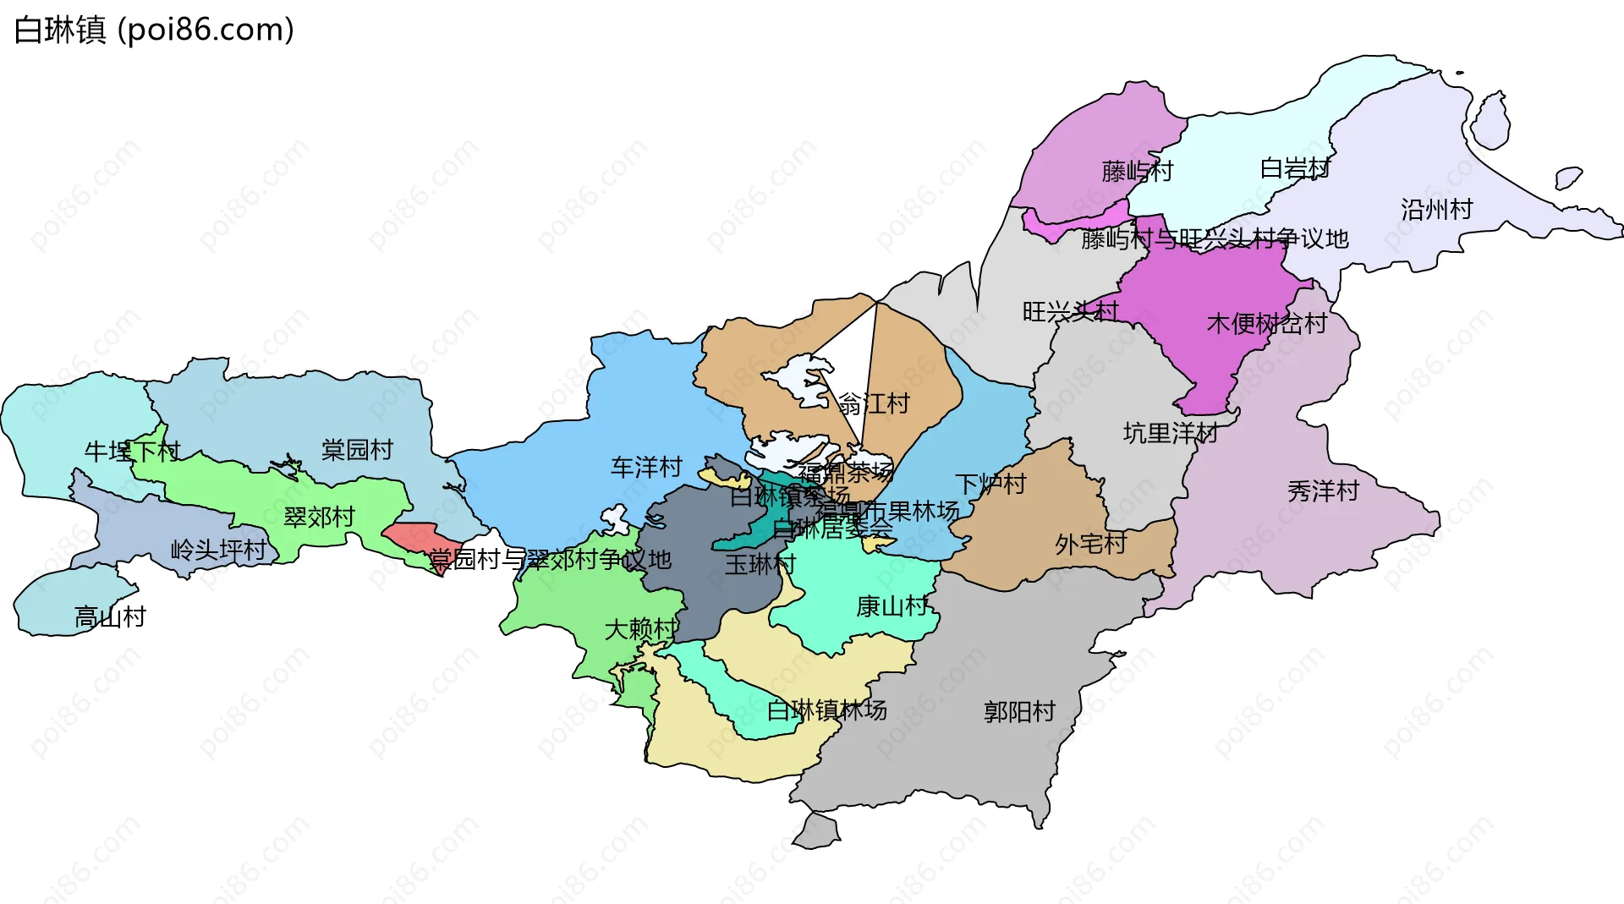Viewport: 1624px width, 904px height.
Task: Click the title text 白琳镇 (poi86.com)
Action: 154,30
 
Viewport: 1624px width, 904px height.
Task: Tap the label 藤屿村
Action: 1137,172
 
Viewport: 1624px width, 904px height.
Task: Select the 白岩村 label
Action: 1295,168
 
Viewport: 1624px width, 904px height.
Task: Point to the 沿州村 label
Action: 1436,209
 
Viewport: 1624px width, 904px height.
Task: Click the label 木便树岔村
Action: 1266,323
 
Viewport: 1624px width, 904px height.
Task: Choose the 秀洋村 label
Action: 1323,490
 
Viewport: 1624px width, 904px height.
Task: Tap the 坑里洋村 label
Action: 1170,433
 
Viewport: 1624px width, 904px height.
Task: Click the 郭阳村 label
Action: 1019,711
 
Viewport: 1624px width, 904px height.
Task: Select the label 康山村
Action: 892,605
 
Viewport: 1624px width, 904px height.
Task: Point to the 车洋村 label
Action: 646,467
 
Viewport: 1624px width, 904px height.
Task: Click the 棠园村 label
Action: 357,449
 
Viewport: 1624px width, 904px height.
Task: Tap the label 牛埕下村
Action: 132,451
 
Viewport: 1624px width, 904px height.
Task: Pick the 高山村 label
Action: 110,616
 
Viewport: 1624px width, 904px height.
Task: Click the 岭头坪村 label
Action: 218,550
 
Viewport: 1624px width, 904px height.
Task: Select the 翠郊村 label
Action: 319,517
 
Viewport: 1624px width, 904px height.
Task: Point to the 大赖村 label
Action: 640,628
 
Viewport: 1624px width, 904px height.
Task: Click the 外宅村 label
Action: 1090,544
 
